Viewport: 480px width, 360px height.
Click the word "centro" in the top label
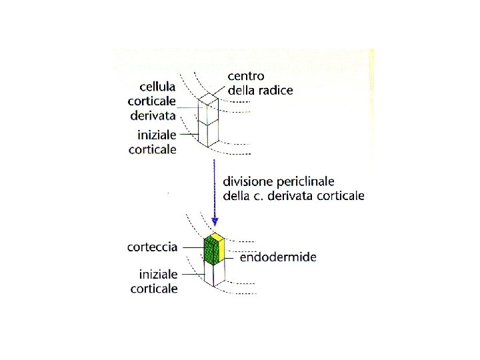(x=246, y=76)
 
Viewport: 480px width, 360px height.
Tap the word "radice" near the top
(x=273, y=91)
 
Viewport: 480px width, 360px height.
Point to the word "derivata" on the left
(x=153, y=116)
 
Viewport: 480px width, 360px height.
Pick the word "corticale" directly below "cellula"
(x=152, y=101)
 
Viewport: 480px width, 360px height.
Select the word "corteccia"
(x=153, y=247)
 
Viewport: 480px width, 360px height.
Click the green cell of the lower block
(x=211, y=251)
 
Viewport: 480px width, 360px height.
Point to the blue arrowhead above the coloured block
(x=215, y=221)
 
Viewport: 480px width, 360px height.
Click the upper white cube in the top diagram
(x=209, y=111)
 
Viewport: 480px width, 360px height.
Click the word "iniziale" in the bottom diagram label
(x=158, y=274)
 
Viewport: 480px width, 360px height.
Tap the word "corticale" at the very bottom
(x=155, y=289)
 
